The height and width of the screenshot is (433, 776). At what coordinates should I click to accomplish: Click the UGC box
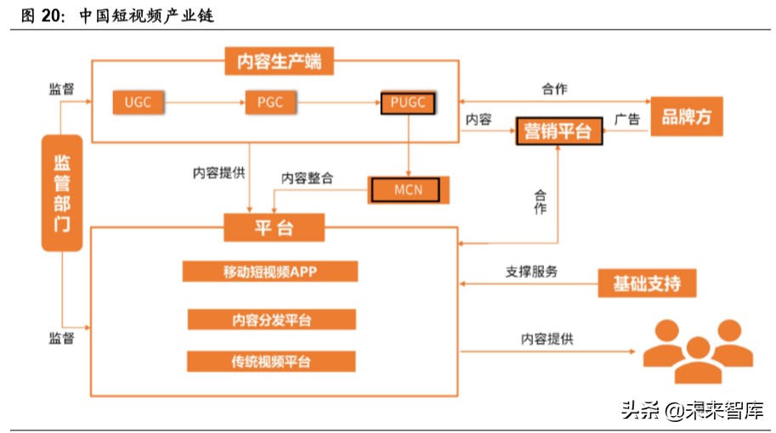coord(137,103)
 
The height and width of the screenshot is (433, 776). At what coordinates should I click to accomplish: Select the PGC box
coord(269,103)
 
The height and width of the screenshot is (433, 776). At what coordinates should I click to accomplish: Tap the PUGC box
coord(409,103)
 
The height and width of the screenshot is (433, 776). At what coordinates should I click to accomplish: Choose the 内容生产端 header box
coord(279,61)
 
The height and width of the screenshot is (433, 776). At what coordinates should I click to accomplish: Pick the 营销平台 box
coord(558,131)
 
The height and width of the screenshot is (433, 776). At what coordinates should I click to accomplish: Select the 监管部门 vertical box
coord(62,193)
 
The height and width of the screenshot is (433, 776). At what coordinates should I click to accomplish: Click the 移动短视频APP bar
coord(269,272)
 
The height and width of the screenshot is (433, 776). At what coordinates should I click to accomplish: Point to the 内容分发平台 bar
coord(271,319)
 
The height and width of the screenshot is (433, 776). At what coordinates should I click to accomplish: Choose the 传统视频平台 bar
coord(271,362)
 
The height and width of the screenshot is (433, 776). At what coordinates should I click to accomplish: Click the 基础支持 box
coord(647,283)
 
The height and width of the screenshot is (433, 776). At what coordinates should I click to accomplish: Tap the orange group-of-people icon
coord(699,350)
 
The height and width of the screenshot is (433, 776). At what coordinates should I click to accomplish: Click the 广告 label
coord(626,120)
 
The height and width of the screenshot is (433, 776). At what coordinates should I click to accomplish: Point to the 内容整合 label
coord(307,178)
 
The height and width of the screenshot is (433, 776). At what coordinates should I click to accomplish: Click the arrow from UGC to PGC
coord(203,103)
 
